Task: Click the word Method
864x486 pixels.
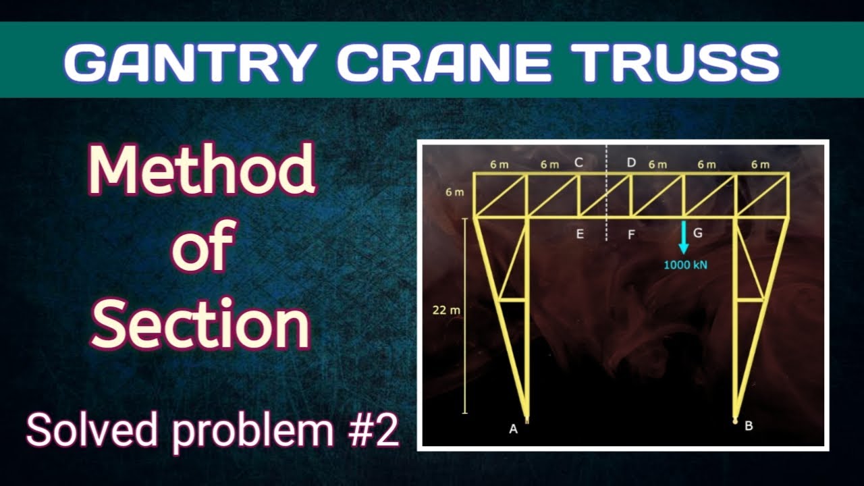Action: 201,169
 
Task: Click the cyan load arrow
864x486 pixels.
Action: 683,237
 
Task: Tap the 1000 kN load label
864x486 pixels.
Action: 685,265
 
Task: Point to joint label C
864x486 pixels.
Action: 578,163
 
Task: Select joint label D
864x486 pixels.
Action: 631,163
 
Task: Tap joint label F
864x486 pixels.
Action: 631,235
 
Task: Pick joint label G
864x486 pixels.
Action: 698,233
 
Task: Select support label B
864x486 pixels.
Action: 749,426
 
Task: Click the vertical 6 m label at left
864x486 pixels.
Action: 454,193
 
